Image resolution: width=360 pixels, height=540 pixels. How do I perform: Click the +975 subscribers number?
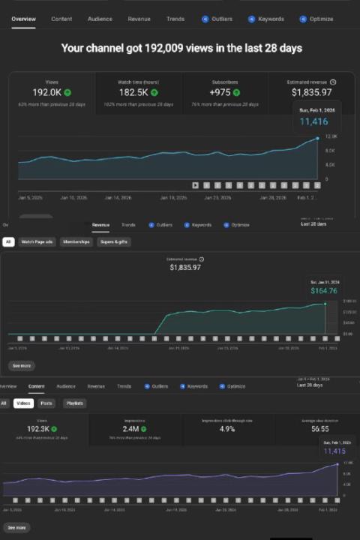(x=220, y=92)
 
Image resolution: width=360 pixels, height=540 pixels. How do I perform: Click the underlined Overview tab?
(x=23, y=18)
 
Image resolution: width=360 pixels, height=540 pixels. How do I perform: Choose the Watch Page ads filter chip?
(x=37, y=242)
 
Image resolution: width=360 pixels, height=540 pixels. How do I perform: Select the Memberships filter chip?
(x=76, y=242)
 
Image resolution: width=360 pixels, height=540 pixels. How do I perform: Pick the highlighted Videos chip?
(x=22, y=403)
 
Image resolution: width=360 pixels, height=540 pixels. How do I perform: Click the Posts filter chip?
(x=46, y=403)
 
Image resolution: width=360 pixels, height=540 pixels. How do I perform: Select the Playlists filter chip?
(x=74, y=403)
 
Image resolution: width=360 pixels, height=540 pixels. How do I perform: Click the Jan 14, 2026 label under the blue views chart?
(x=116, y=198)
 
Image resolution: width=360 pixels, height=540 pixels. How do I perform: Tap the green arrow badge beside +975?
(x=235, y=92)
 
